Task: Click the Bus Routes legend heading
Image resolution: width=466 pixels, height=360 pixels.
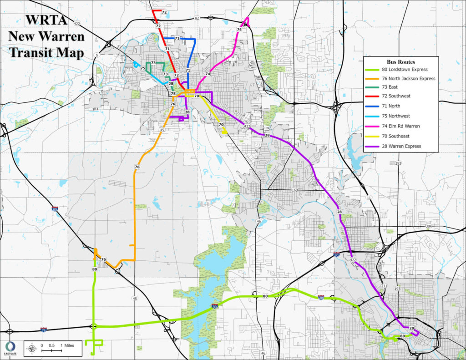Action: pos(400,61)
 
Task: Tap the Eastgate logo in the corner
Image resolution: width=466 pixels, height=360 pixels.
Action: pos(10,348)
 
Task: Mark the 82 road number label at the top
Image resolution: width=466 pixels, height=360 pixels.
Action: pos(197,18)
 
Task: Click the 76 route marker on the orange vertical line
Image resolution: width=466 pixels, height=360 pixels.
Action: pos(137,167)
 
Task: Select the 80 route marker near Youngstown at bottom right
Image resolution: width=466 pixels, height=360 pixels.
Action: pos(402,336)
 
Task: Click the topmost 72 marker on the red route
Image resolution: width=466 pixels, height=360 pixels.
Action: pos(164,12)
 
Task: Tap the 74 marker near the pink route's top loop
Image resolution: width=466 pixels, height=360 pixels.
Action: pos(239,30)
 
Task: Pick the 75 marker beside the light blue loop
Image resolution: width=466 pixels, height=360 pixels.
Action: pos(143,68)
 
